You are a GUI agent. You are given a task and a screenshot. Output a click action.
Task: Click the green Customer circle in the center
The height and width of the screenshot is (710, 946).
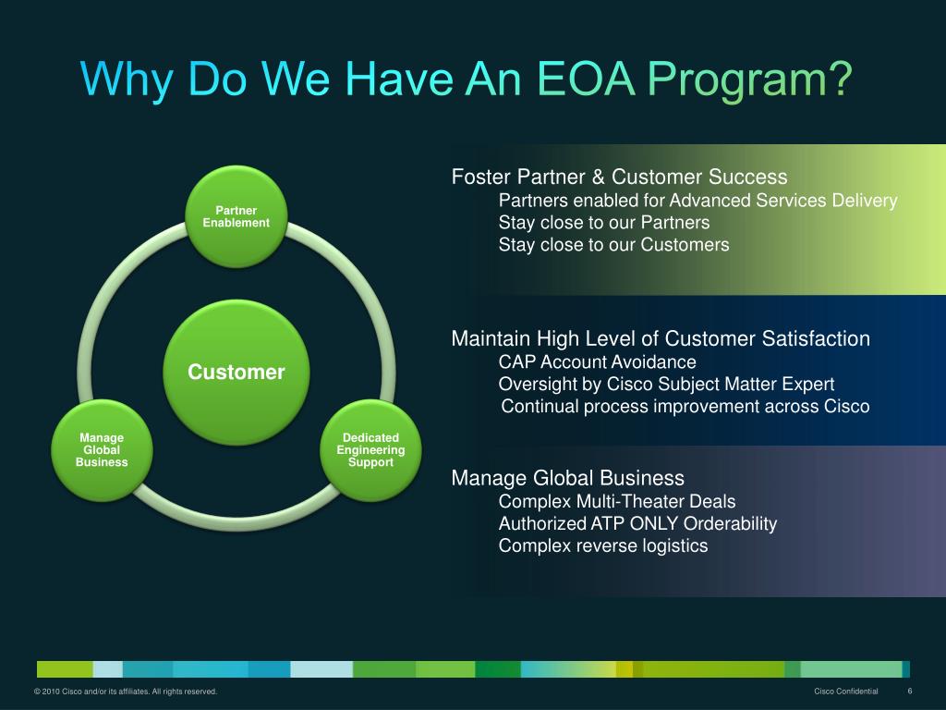[x=236, y=372]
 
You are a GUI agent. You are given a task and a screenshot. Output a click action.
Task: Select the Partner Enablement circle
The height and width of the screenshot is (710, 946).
[x=236, y=216]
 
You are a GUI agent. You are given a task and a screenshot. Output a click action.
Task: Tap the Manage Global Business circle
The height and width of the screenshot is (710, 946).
[x=102, y=449]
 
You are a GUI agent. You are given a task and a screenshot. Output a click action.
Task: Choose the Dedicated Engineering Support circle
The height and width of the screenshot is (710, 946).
[x=371, y=449]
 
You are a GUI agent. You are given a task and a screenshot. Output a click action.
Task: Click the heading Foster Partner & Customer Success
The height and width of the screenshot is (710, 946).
[x=619, y=177]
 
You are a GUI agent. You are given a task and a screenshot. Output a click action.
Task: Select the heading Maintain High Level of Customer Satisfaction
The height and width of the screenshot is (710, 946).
[x=661, y=338]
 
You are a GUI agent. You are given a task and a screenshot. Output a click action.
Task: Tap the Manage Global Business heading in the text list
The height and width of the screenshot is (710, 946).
[x=567, y=478]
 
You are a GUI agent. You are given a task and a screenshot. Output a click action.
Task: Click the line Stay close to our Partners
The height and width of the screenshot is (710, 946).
[x=604, y=223]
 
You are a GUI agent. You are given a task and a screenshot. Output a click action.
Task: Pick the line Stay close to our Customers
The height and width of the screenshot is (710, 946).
[x=613, y=245]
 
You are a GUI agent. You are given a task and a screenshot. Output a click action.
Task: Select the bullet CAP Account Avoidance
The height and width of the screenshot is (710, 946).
[x=597, y=361]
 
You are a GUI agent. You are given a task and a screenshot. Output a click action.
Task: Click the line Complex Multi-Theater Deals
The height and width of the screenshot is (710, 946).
[x=617, y=501]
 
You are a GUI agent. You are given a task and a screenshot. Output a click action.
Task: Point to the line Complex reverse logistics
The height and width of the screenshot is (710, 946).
[x=603, y=545]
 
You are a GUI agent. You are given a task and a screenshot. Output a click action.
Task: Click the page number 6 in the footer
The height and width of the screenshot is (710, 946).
[x=910, y=692]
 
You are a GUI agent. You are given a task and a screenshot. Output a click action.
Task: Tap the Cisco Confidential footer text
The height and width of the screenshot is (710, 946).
[x=846, y=692]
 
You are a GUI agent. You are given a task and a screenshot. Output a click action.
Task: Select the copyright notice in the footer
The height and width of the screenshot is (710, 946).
[x=126, y=692]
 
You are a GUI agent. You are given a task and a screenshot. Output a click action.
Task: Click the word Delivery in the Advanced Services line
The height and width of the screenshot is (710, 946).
[x=864, y=201]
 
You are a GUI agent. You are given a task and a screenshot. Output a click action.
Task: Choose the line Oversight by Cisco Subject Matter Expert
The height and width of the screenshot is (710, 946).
[x=666, y=384]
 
